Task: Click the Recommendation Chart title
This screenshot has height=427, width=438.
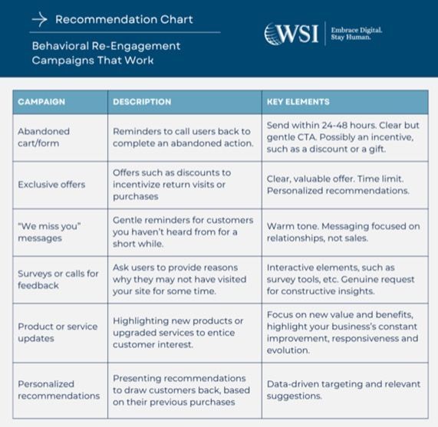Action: (x=123, y=18)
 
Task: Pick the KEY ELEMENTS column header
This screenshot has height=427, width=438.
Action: (x=298, y=102)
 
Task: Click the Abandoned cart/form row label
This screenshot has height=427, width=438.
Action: (x=44, y=137)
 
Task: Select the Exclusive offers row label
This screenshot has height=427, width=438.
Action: (x=51, y=185)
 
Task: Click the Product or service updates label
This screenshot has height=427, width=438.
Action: (x=58, y=332)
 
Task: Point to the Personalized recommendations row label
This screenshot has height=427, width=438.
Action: (x=58, y=389)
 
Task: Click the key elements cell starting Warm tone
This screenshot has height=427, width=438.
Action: (x=342, y=232)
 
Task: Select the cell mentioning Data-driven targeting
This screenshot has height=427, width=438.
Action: (x=342, y=389)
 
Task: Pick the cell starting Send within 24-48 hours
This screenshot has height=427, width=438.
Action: (x=342, y=137)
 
